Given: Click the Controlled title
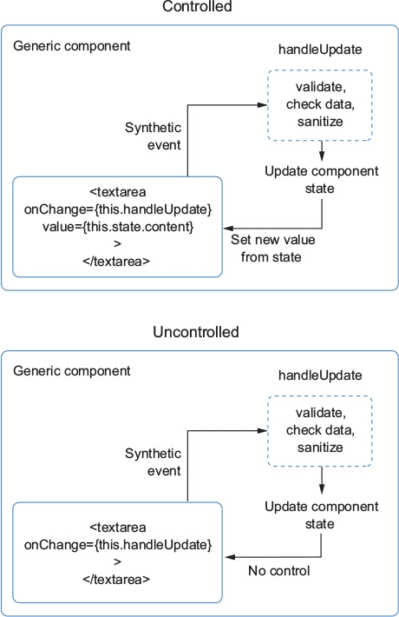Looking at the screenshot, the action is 197,6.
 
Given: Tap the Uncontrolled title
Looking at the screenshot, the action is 196,332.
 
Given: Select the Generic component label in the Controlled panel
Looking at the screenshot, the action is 72,46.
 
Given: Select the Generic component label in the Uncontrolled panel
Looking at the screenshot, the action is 72,371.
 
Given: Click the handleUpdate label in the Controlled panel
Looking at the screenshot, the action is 320,50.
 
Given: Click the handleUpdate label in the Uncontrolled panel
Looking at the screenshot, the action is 320,375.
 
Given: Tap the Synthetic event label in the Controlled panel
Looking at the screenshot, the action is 154,136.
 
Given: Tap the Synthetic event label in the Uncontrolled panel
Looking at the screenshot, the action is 154,462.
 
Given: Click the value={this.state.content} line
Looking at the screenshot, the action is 118,227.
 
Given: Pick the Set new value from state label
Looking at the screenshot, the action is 273,249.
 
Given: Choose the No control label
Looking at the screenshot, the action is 278,571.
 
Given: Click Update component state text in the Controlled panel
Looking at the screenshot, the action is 321,180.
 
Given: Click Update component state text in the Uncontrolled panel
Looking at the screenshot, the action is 321,515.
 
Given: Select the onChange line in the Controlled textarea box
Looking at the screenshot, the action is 118,209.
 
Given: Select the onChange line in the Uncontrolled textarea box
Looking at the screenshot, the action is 118,545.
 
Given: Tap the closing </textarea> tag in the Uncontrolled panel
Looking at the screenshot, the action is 116,580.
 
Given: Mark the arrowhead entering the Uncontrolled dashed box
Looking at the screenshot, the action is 262,431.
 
